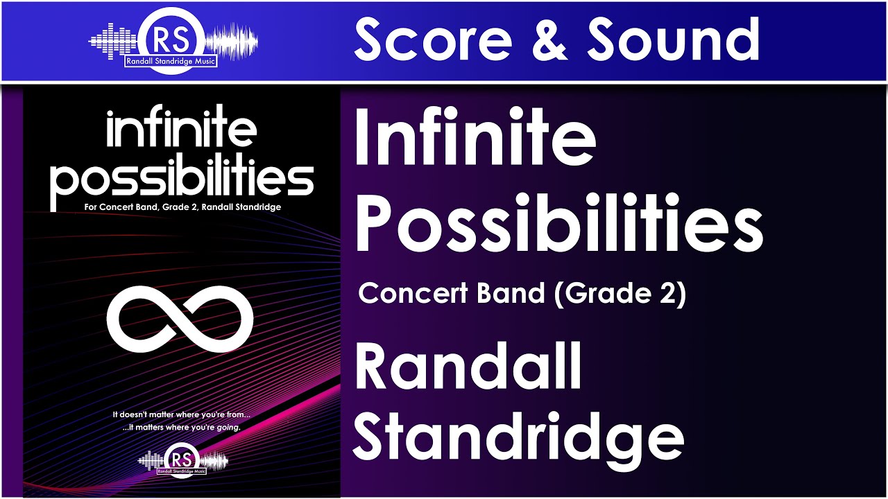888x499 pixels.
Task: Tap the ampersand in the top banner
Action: (549, 40)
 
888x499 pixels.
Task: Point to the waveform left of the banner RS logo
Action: (114, 39)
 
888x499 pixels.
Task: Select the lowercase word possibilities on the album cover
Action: (182, 178)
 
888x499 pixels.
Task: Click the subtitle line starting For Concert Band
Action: (182, 207)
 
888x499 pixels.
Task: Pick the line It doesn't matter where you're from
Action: (181, 414)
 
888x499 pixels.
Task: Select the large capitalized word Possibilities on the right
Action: (558, 223)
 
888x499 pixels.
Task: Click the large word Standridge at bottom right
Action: (519, 437)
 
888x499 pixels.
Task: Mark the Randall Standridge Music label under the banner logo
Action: (171, 62)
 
